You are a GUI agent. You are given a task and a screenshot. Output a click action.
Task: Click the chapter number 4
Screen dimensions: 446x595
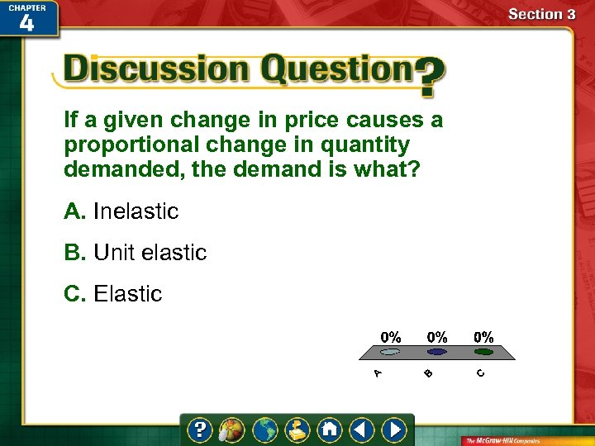[26, 22]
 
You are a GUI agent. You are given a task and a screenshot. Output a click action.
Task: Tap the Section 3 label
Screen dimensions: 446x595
[541, 14]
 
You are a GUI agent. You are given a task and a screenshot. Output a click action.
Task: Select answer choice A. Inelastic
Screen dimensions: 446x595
[121, 211]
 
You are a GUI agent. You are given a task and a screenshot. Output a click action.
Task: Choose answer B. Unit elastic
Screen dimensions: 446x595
[136, 253]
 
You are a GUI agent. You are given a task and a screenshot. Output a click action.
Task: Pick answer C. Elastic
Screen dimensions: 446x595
[113, 294]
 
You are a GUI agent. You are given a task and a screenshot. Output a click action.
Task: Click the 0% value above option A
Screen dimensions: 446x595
[391, 337]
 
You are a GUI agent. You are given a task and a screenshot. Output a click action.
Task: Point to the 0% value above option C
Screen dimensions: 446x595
[483, 337]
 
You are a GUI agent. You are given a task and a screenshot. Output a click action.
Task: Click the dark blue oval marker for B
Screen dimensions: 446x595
[437, 352]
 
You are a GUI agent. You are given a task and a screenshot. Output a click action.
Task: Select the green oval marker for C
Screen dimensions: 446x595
[483, 352]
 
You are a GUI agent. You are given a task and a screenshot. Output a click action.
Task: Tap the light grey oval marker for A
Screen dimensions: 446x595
[391, 352]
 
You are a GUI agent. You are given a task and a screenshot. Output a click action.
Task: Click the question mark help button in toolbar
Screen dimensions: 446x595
[199, 429]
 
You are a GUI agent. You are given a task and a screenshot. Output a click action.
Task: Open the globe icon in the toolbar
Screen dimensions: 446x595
[265, 429]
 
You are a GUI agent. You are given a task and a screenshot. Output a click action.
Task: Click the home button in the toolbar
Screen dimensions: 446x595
[329, 429]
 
